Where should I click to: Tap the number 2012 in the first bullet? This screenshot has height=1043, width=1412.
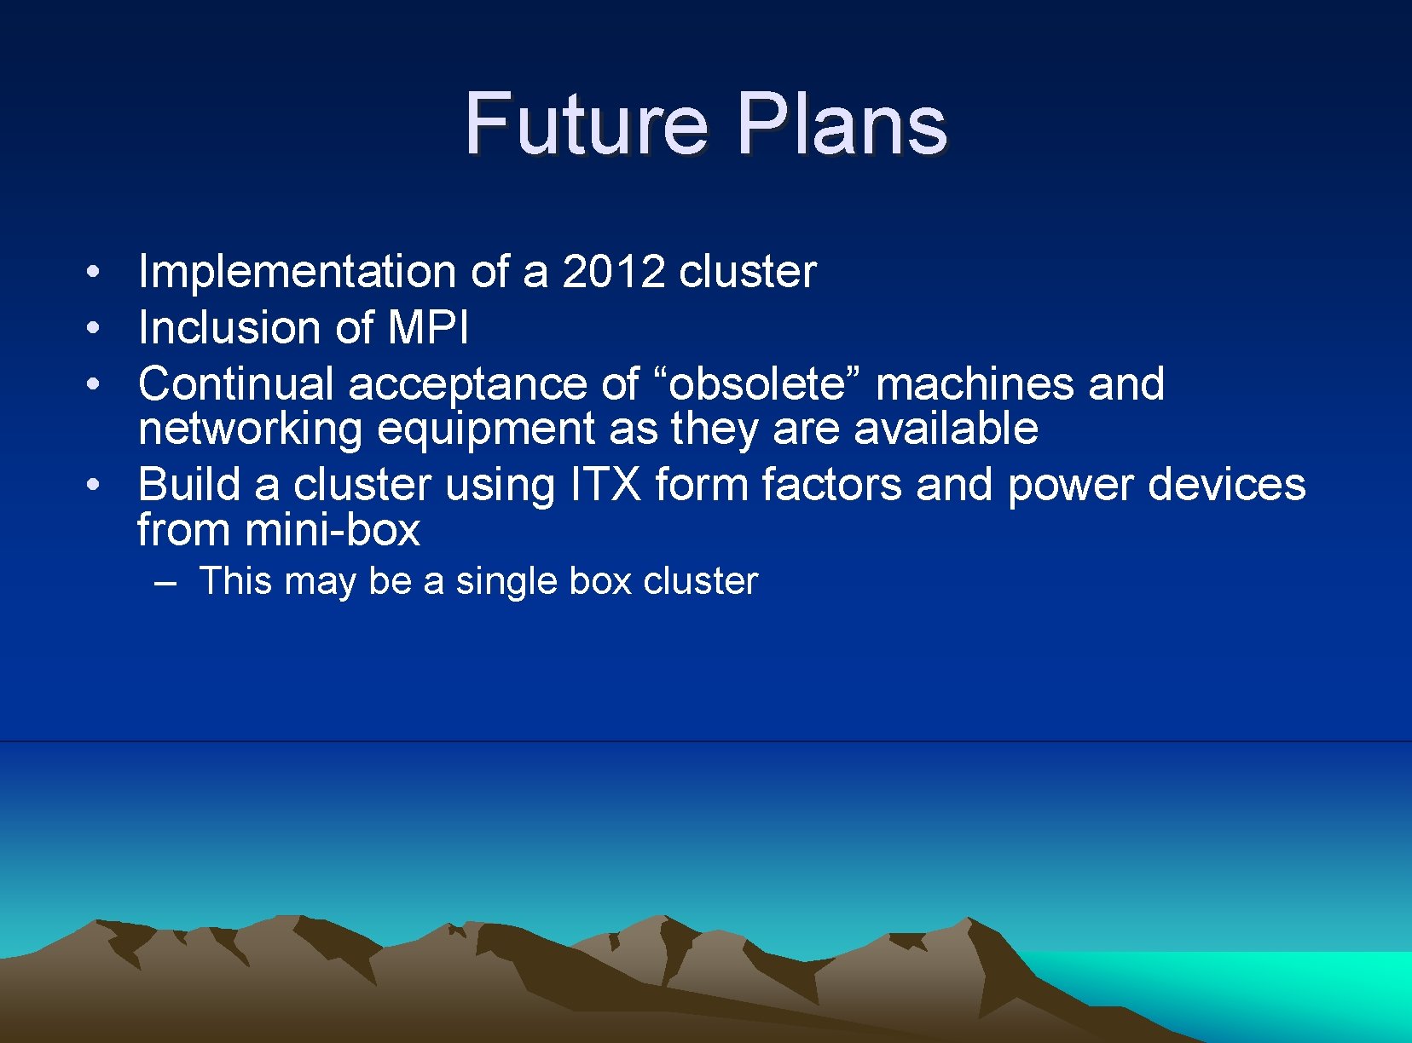coord(613,272)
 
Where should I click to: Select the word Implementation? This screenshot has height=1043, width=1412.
coord(297,273)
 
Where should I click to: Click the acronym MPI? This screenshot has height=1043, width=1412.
coord(428,328)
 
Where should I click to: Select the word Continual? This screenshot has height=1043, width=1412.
coord(235,383)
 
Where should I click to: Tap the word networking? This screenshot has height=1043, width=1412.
coord(250,429)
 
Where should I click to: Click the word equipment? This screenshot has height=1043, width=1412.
coord(485,429)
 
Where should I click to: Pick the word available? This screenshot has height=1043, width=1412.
coord(946,428)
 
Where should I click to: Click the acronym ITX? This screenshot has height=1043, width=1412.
coord(605,485)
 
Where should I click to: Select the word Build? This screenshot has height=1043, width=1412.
coord(189,485)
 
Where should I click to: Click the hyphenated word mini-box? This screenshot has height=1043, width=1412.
coord(332,530)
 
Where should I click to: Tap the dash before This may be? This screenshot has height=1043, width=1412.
coord(165,582)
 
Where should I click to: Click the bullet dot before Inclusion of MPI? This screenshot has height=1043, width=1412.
coord(95,328)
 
